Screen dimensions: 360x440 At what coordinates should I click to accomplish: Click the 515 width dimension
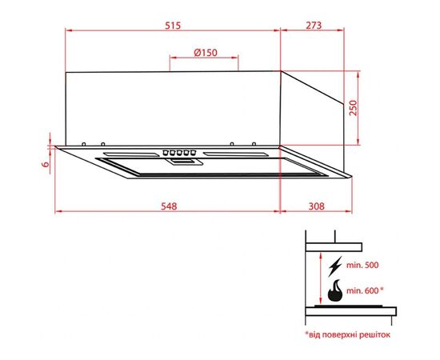(174, 26)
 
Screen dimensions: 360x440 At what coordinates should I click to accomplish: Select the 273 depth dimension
(313, 26)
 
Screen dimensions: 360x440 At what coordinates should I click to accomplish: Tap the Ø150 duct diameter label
(205, 53)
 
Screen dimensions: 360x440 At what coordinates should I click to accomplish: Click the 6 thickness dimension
(46, 164)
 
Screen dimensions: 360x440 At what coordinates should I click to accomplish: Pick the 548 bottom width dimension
(167, 206)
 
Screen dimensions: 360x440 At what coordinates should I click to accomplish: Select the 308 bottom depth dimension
(315, 206)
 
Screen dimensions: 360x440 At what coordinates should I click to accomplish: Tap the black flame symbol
(337, 289)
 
